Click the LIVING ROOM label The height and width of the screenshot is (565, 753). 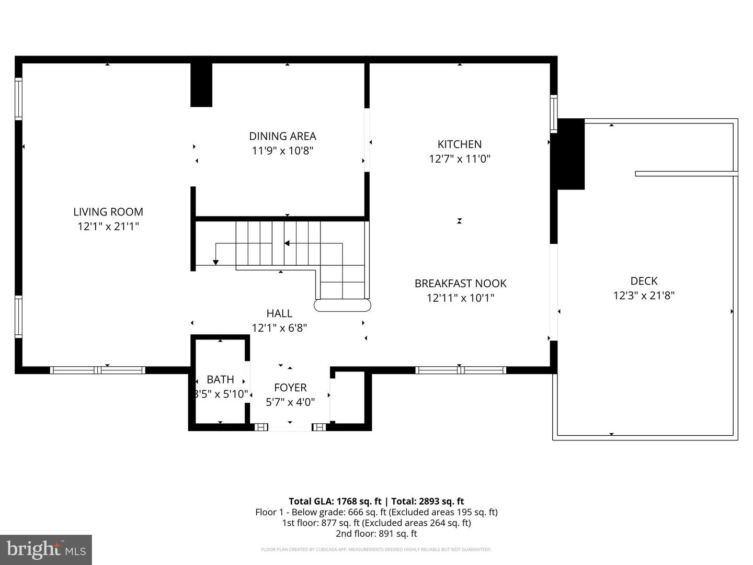coord(108,212)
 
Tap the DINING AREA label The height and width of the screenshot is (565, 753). coord(282,136)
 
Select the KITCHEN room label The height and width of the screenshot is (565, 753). coord(459,144)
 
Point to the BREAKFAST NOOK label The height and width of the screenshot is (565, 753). coord(460,283)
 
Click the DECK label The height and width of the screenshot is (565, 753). coord(644,281)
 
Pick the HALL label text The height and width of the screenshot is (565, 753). coord(279,313)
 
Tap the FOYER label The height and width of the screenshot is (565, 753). coord(290,388)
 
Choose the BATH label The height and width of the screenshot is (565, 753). coord(220,379)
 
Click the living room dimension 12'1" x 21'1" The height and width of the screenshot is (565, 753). coord(108,227)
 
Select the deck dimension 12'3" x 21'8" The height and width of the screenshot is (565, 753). coord(644,296)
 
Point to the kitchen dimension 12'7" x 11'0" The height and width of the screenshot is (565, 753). coord(460,159)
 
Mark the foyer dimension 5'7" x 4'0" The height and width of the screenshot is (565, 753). coord(290,402)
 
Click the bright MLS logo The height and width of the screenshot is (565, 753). coord(46,549)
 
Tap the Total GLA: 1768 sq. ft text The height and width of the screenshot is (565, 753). coord(335,501)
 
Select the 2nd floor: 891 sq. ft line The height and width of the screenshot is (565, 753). coord(376,534)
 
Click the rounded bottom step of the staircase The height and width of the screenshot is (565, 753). coord(342,305)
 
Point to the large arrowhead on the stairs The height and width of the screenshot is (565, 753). coord(287,243)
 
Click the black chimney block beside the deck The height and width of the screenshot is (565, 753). coord(571,154)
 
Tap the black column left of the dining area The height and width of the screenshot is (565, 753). coord(201,85)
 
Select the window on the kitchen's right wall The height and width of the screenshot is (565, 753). coord(553,114)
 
